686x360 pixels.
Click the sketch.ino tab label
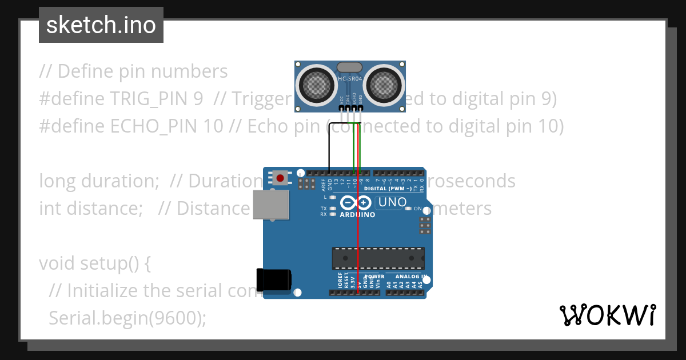coord(101,25)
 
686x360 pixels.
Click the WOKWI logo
coord(607,315)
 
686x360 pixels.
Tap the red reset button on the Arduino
coord(280,178)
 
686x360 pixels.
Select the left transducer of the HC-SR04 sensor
coord(315,83)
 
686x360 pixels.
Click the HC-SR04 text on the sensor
coord(349,78)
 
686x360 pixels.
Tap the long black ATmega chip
coord(378,258)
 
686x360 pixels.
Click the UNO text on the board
coord(393,202)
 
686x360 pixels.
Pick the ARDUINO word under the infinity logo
coord(358,215)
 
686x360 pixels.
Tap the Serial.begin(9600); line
coord(127,318)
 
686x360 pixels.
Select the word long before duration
coord(56,181)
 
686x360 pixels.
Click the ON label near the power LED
coord(417,209)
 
